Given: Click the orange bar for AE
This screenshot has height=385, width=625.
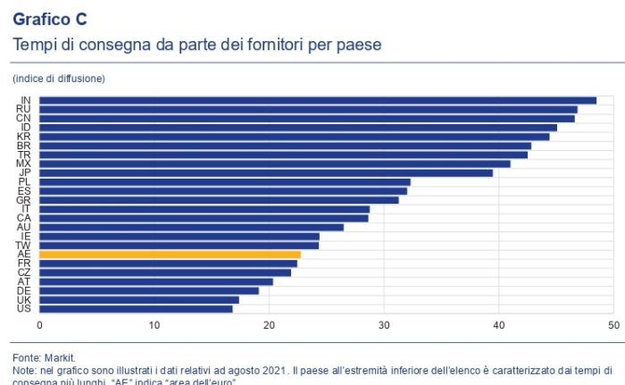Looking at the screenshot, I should [171, 255].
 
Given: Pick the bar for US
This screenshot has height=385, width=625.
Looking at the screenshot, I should [136, 309].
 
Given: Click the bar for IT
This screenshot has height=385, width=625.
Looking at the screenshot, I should [204, 209].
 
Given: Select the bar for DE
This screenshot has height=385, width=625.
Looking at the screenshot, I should [149, 290].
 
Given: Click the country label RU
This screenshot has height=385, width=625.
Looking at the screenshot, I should [25, 109].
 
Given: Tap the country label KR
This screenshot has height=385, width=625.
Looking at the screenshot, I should [25, 136].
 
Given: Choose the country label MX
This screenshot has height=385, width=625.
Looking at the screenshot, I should [25, 163].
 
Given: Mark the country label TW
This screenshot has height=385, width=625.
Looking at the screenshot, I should [25, 245].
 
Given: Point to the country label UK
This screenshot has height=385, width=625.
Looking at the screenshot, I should [25, 299].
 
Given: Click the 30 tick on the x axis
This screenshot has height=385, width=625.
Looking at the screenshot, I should [384, 325].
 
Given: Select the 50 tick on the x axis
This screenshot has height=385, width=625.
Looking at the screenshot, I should [612, 325].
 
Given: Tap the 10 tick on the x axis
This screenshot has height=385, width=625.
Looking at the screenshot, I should [154, 325].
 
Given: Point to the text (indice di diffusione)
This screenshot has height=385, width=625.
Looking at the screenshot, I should [59, 79].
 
